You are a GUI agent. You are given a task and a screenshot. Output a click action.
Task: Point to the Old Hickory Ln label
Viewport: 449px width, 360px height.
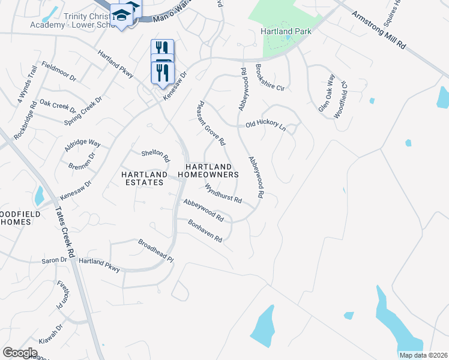[x=265, y=124]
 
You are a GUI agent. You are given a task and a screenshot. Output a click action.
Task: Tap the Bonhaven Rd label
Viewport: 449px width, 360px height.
[x=205, y=230]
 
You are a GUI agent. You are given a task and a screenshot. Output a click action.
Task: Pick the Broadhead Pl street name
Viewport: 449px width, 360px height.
[x=155, y=251]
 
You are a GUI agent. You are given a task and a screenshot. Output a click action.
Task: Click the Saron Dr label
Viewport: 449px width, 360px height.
[x=55, y=261]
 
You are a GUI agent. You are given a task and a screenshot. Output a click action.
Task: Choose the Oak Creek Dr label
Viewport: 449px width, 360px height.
[x=58, y=107]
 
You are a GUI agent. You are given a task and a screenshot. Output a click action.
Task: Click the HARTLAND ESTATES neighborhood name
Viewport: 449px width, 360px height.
[x=143, y=178]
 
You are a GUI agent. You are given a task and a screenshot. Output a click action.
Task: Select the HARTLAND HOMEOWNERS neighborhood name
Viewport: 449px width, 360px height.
[x=212, y=170]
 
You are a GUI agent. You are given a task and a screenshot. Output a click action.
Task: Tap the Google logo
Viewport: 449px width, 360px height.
[x=20, y=353]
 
